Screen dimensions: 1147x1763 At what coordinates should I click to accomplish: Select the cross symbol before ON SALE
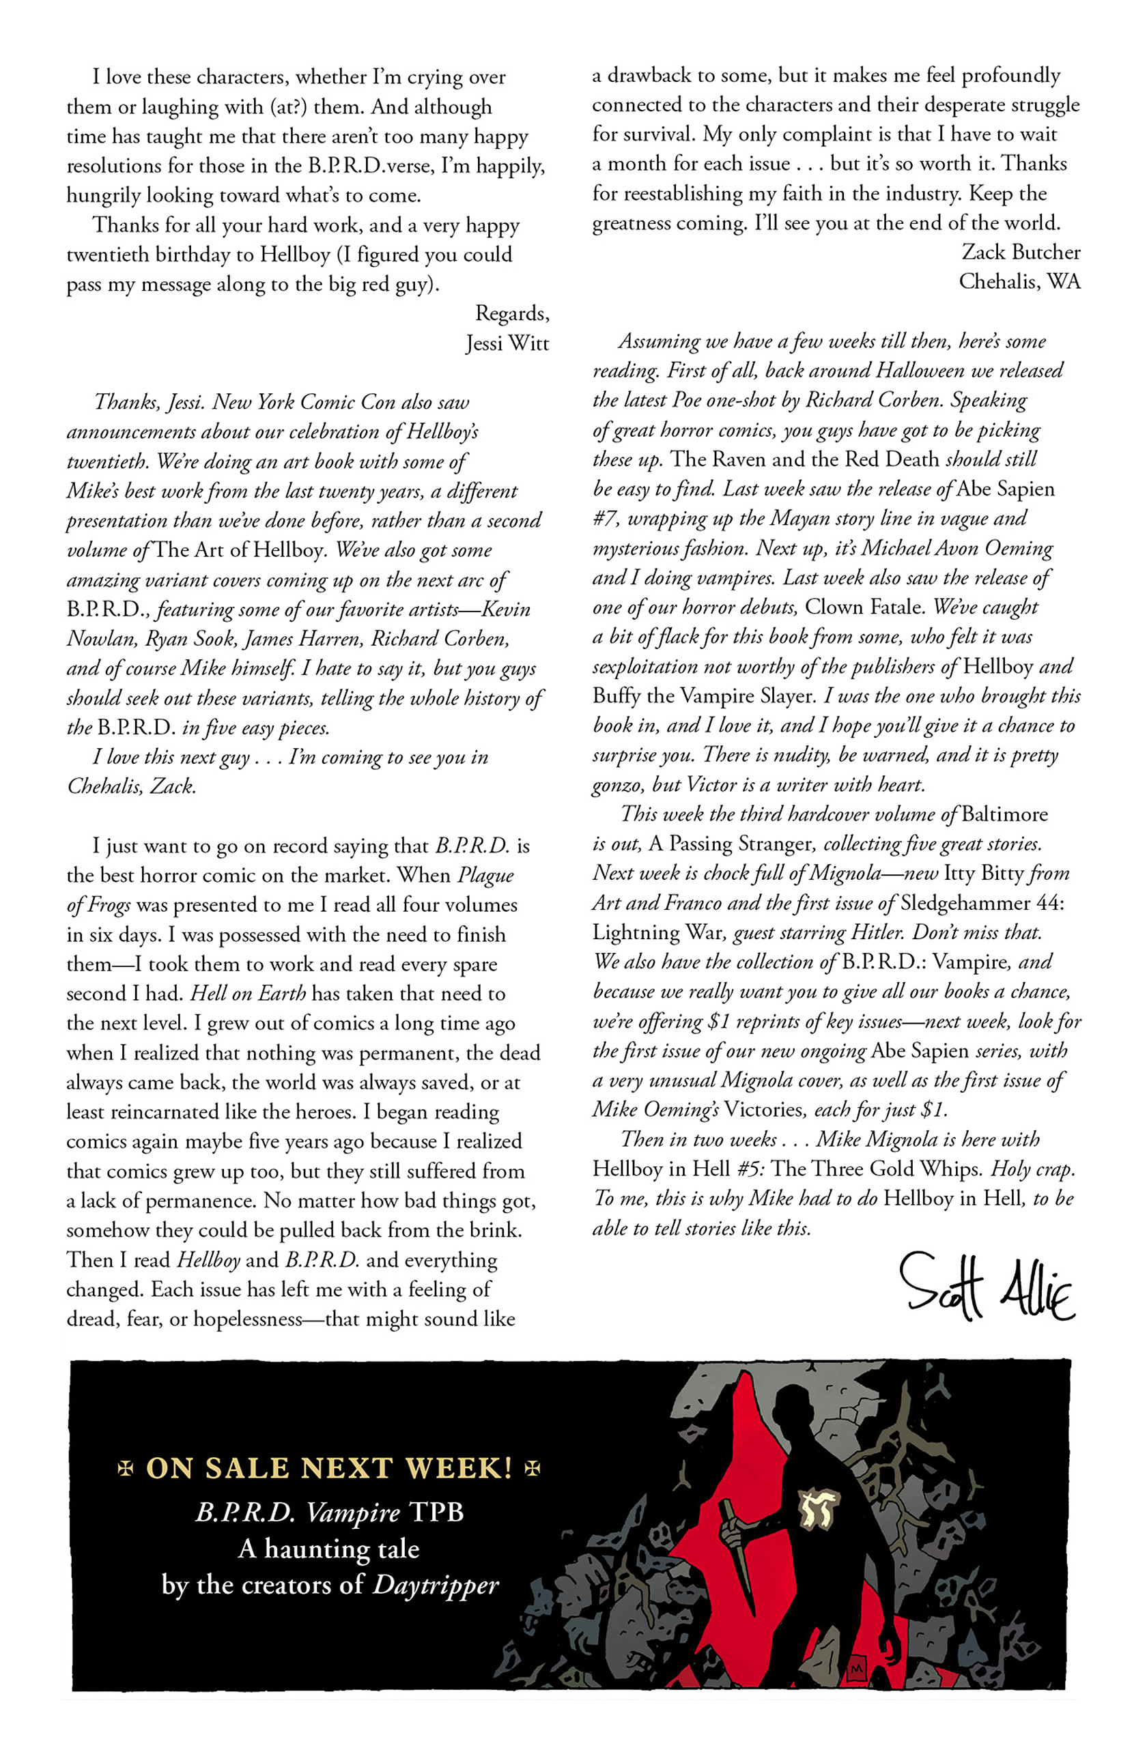(x=126, y=1468)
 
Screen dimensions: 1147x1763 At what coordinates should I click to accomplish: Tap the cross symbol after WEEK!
(x=531, y=1468)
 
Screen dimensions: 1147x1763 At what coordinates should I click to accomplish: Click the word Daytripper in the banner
(x=435, y=1584)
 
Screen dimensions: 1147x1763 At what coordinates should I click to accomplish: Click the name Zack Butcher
(x=1020, y=253)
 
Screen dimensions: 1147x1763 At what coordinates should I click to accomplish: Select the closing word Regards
(x=512, y=313)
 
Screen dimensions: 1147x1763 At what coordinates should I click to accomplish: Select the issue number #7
(x=606, y=519)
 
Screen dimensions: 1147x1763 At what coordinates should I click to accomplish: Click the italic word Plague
(x=485, y=876)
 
